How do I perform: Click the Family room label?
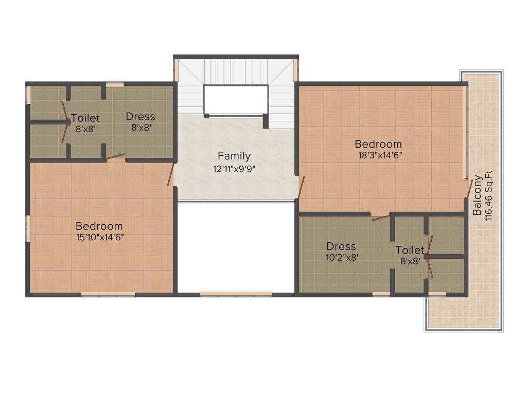pyautogui.click(x=234, y=156)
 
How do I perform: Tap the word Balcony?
pyautogui.click(x=478, y=195)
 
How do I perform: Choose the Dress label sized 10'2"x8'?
pyautogui.click(x=341, y=247)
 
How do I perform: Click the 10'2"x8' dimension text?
pyautogui.click(x=341, y=257)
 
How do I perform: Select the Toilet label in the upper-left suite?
pyautogui.click(x=85, y=118)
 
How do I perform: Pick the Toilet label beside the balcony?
pyautogui.click(x=410, y=250)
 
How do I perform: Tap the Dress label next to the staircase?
pyautogui.click(x=140, y=117)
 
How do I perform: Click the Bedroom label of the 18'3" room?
pyautogui.click(x=378, y=144)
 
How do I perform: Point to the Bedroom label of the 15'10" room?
pyautogui.click(x=99, y=226)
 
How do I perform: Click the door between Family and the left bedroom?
pyautogui.click(x=171, y=175)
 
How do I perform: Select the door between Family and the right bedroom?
pyautogui.click(x=302, y=187)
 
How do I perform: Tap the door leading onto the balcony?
pyautogui.click(x=469, y=189)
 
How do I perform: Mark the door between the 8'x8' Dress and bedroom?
pyautogui.click(x=116, y=156)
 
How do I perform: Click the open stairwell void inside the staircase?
pyautogui.click(x=236, y=99)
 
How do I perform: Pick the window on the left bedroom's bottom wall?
pyautogui.click(x=108, y=294)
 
